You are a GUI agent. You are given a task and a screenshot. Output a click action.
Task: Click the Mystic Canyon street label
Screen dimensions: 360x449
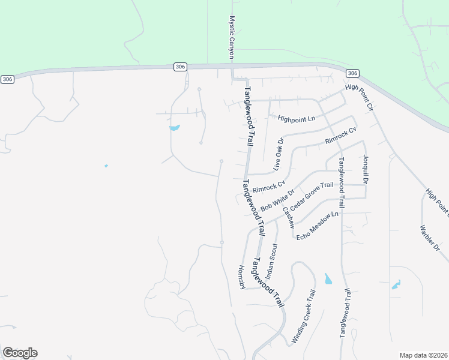231,37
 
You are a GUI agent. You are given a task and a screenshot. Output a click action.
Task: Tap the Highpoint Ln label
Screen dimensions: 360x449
296,119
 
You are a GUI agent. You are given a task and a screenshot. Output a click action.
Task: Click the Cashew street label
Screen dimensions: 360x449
289,215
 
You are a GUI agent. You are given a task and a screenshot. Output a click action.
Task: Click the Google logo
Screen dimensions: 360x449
20,353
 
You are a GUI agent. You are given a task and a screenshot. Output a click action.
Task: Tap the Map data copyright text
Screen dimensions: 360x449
423,355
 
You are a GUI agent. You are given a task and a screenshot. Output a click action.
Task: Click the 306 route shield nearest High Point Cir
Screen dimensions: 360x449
352,73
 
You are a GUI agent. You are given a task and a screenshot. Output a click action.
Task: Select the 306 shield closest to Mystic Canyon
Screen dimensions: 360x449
180,67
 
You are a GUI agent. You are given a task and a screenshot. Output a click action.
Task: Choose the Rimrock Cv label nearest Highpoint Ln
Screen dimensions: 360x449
340,136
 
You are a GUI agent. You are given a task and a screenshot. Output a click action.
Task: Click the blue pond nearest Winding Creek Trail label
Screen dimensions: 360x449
328,278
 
